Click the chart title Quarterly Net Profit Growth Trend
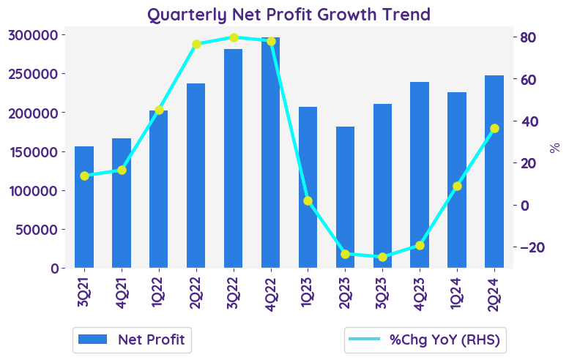point(289,14)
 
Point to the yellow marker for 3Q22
point(234,37)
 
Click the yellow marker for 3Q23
point(382,257)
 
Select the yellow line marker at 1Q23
point(308,200)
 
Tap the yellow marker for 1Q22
point(159,110)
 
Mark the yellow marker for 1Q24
point(457,186)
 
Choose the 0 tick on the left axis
point(56,269)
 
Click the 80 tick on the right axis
point(529,37)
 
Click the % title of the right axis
point(554,147)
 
